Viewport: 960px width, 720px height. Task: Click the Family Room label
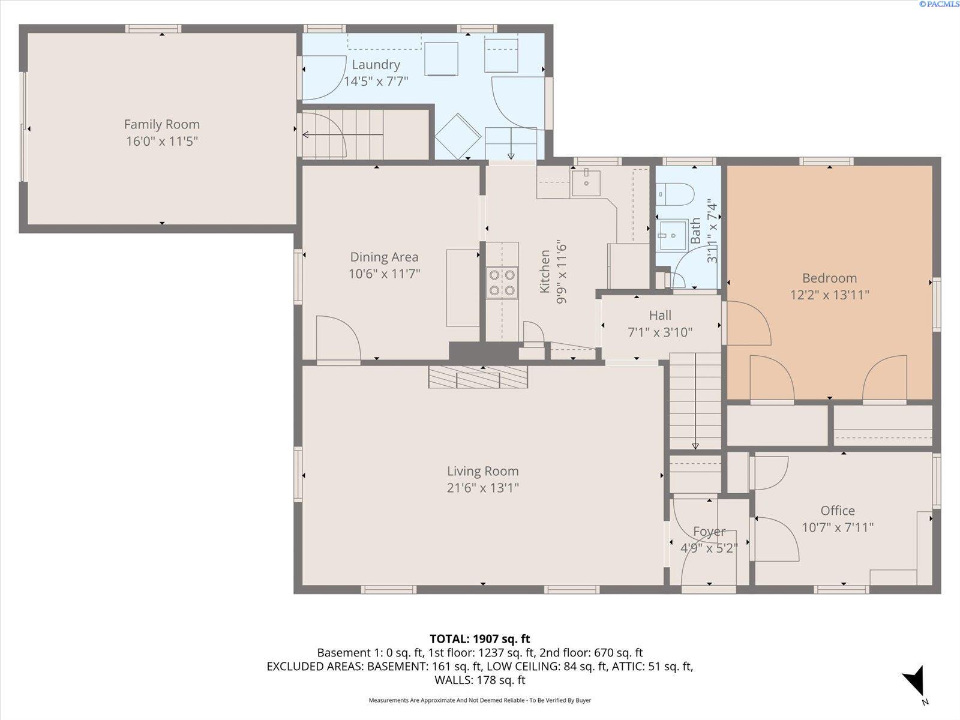(x=162, y=125)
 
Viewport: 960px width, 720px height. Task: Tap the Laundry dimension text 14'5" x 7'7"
(x=376, y=82)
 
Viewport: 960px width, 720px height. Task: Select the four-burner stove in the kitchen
(x=502, y=283)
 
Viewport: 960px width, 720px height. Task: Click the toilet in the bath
(x=675, y=194)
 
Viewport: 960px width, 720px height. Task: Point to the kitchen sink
(x=586, y=183)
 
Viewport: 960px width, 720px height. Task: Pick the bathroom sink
(x=672, y=235)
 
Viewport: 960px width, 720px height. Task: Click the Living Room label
(x=483, y=471)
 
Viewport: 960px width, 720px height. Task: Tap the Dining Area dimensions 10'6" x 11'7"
(x=385, y=274)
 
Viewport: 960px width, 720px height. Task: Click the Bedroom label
(x=829, y=278)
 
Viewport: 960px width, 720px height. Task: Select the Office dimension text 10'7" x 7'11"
(x=838, y=527)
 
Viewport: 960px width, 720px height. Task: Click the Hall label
(x=660, y=315)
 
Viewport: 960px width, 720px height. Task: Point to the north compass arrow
(x=915, y=684)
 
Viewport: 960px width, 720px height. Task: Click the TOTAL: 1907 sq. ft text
(x=480, y=639)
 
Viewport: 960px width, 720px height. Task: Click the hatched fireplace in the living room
(x=478, y=377)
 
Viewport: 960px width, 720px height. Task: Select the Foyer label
(x=709, y=531)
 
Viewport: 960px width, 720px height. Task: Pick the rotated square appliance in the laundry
(x=458, y=136)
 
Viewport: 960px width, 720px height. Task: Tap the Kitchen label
(x=545, y=271)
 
